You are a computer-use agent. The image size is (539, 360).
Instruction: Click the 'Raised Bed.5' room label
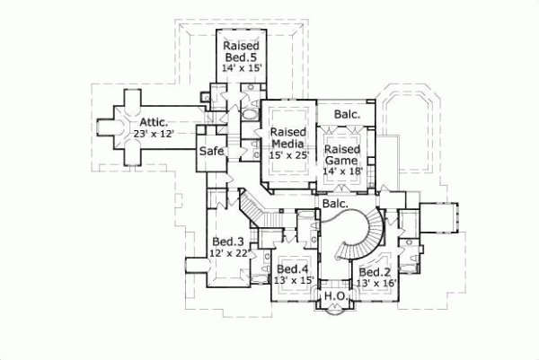(243, 53)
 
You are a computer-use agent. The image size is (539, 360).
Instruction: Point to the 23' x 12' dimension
(153, 134)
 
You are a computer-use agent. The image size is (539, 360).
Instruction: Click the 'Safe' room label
(211, 151)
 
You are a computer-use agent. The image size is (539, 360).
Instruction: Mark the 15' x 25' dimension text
(288, 155)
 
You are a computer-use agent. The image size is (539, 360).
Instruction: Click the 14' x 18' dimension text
(342, 171)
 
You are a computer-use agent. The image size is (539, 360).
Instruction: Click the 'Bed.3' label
(228, 241)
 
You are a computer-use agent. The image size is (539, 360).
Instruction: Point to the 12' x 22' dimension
(228, 254)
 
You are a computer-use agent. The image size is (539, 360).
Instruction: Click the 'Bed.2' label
(374, 272)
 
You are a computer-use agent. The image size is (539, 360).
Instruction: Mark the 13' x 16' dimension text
(374, 285)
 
